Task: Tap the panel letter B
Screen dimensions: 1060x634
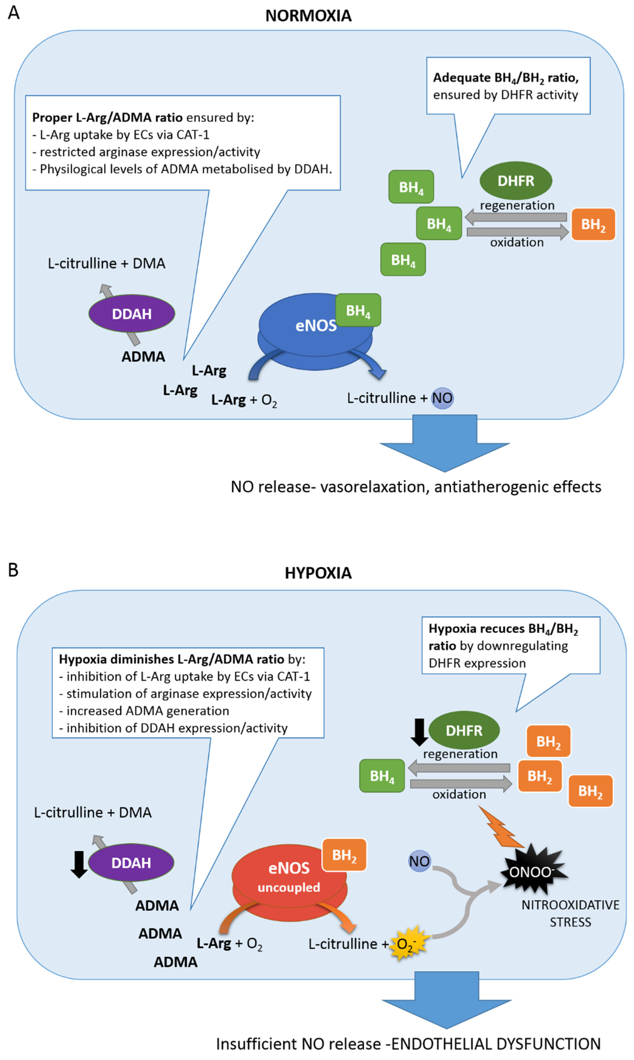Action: pyautogui.click(x=13, y=570)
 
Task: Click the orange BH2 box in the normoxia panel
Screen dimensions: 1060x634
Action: pyautogui.click(x=593, y=224)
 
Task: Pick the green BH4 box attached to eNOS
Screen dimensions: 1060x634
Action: pyautogui.click(x=358, y=310)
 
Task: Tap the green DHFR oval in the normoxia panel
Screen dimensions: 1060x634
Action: pyautogui.click(x=516, y=181)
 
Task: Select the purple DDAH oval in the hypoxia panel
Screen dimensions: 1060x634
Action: pyautogui.click(x=131, y=863)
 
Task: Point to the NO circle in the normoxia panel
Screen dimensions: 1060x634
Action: pyautogui.click(x=442, y=398)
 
